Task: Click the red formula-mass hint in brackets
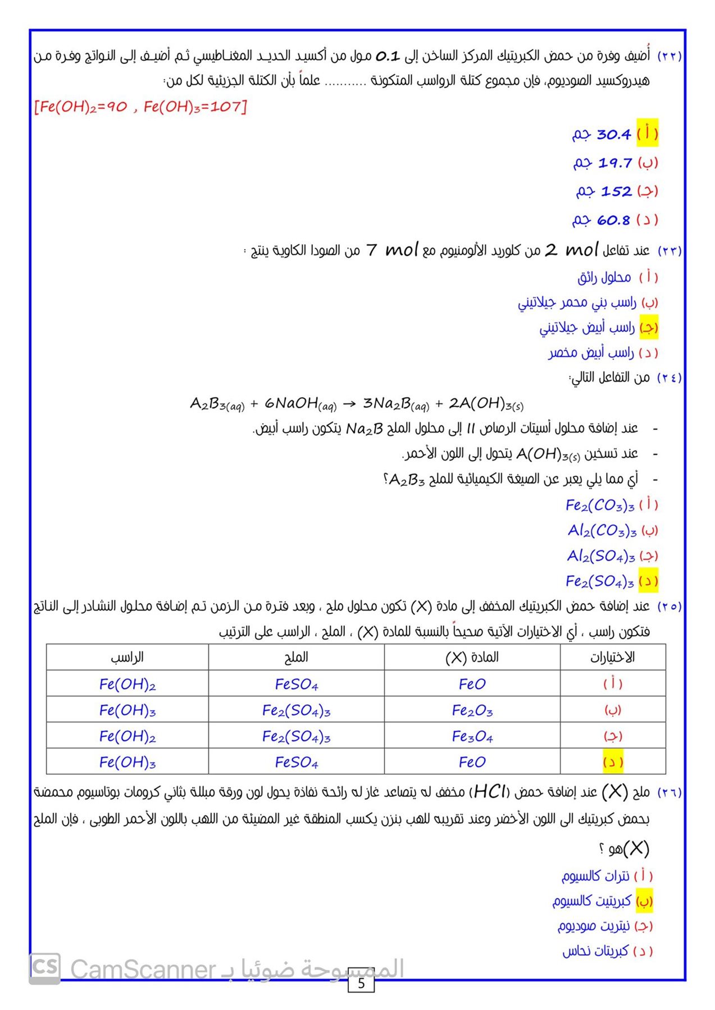(140, 107)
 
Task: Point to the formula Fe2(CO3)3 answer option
(600, 506)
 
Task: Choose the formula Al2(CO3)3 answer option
(602, 531)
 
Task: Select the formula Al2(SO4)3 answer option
(601, 556)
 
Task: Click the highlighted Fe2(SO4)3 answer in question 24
(600, 581)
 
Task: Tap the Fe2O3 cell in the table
(472, 711)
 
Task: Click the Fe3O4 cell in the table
(472, 736)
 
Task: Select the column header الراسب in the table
(127, 657)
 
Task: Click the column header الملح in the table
(296, 657)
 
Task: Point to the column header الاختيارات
(612, 657)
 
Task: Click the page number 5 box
(361, 983)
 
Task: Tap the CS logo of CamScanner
(45, 968)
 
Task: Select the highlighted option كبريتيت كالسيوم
(592, 901)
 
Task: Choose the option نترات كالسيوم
(595, 876)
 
